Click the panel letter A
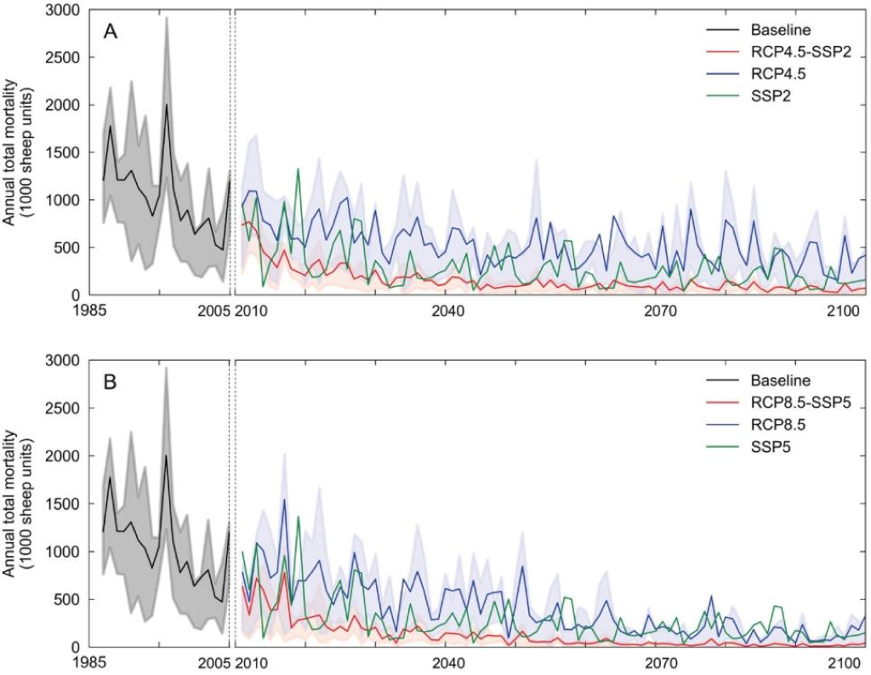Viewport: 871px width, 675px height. click(x=110, y=32)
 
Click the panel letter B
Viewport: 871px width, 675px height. click(x=110, y=383)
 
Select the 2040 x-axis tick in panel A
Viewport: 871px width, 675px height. click(x=447, y=311)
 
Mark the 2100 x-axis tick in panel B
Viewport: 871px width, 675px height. click(x=842, y=662)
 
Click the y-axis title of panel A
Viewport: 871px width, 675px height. click(x=20, y=152)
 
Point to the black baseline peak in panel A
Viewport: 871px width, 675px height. click(x=166, y=105)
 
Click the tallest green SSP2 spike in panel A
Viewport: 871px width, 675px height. click(x=298, y=169)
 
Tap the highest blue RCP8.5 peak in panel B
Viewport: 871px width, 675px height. click(x=284, y=500)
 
